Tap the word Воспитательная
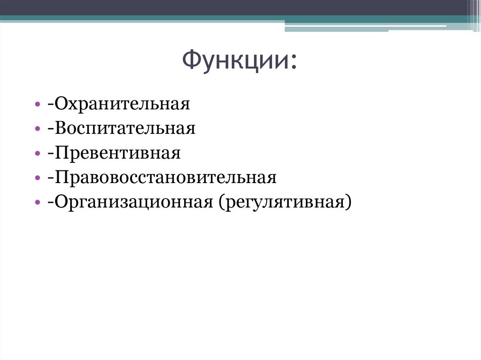tap(124, 129)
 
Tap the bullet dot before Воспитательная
tap(37, 129)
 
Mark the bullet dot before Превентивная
tap(37, 153)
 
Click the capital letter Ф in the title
tap(191, 61)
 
